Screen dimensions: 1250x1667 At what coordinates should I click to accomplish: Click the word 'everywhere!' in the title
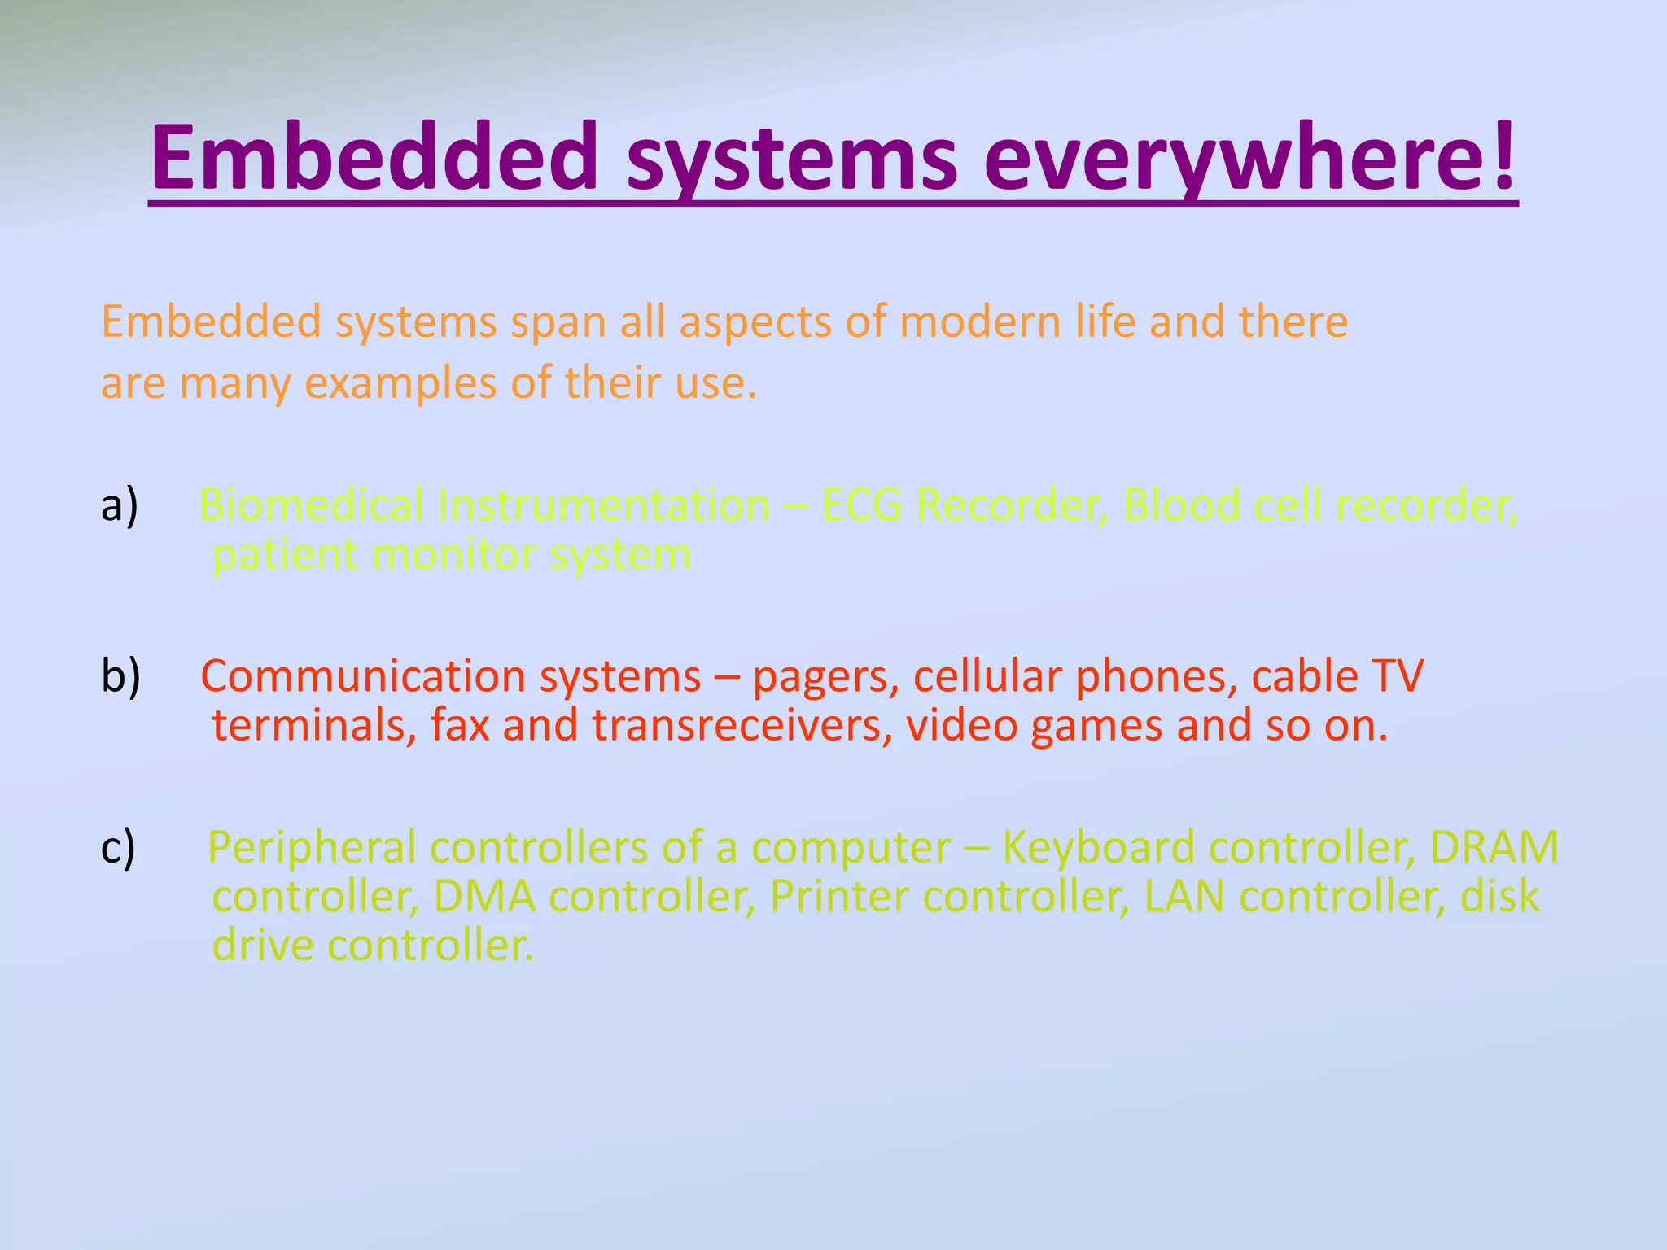click(x=1249, y=157)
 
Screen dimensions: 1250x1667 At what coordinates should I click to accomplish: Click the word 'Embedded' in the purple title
click(x=374, y=157)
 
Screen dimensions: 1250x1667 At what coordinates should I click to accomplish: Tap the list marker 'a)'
click(x=120, y=505)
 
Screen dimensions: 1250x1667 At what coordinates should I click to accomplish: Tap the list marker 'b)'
click(x=120, y=676)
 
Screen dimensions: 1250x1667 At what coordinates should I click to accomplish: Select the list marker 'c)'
click(x=119, y=847)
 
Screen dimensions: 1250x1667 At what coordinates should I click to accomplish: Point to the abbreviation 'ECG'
click(x=861, y=505)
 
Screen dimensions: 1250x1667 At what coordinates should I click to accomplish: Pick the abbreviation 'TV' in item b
click(x=1397, y=676)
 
